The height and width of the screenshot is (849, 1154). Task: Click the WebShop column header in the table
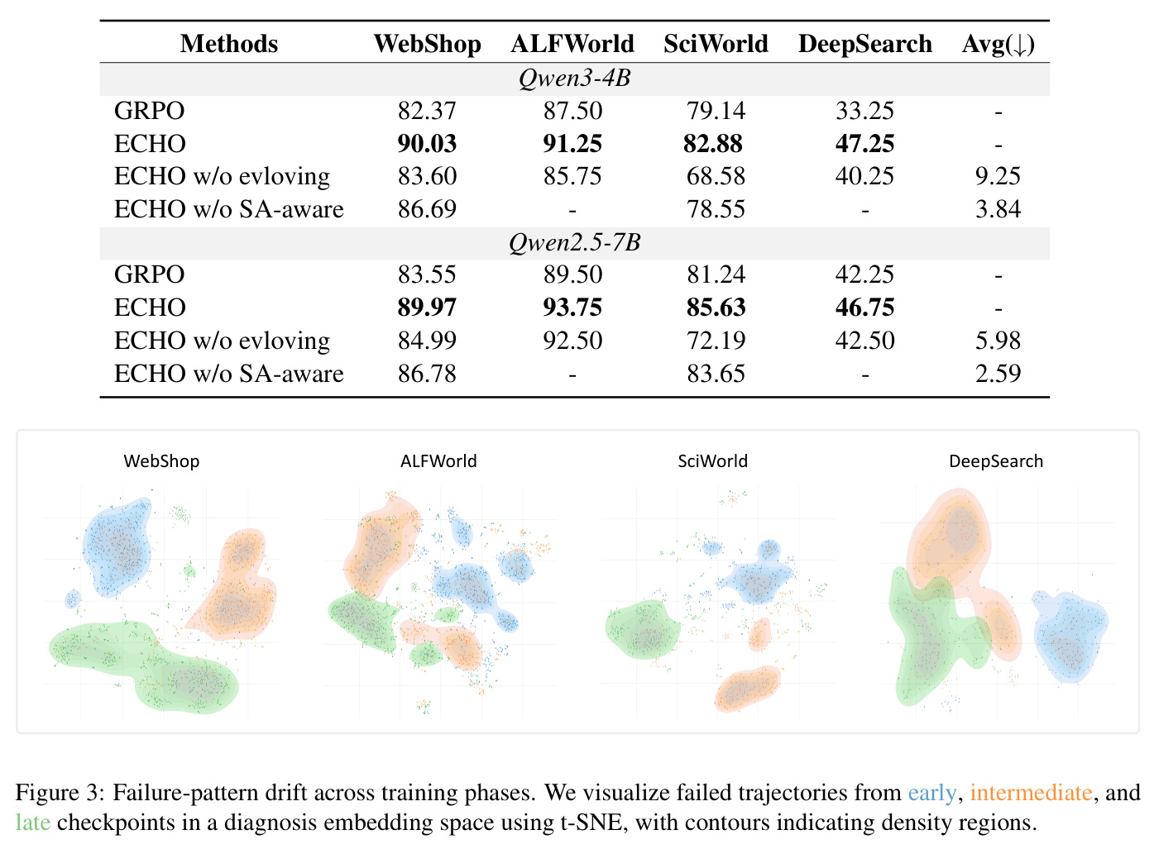[427, 44]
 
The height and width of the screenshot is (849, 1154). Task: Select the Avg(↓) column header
[998, 45]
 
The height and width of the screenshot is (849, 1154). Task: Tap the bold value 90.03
[427, 143]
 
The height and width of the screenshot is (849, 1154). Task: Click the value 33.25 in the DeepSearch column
[864, 111]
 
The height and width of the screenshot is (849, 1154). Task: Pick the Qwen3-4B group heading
[574, 79]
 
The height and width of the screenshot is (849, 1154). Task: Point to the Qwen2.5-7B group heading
[574, 242]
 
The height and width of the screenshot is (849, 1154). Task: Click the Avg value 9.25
[998, 176]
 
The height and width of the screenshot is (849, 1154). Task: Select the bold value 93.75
[572, 308]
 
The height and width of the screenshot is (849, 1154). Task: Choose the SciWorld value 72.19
[716, 341]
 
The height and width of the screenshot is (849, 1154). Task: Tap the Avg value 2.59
[998, 374]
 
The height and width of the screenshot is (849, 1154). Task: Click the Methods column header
[229, 44]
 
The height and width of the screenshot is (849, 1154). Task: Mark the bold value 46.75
[864, 308]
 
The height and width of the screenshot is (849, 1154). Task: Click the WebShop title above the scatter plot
[161, 460]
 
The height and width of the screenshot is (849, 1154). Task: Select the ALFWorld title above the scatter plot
[438, 460]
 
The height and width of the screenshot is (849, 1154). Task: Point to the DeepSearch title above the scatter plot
[996, 461]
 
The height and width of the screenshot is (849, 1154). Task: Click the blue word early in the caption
[931, 792]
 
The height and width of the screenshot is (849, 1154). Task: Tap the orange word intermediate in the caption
[1031, 792]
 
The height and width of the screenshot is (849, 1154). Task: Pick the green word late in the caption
[33, 823]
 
